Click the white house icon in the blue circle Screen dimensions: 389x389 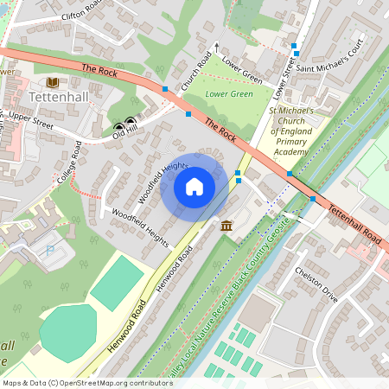point(194,186)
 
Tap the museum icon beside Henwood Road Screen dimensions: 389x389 point(226,226)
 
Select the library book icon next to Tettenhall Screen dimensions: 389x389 point(53,82)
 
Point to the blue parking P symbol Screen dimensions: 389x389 point(48,249)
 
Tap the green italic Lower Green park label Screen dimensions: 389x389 point(229,93)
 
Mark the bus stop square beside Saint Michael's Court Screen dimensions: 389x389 point(295,45)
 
